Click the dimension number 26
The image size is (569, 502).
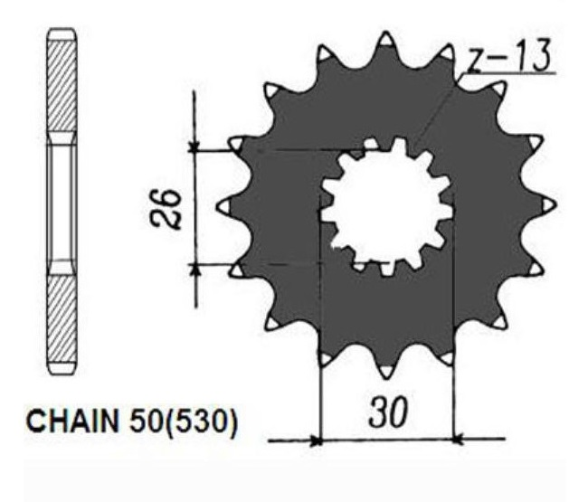(x=166, y=209)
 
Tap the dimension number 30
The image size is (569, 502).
(x=388, y=412)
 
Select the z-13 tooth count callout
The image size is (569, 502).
(x=508, y=55)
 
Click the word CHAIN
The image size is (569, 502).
(x=72, y=421)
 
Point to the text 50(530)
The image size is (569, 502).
(x=184, y=421)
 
